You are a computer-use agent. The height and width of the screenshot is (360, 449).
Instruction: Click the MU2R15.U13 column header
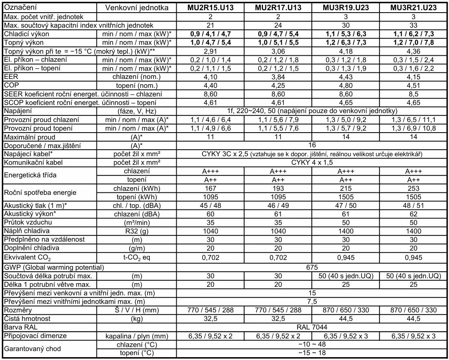click(x=210, y=8)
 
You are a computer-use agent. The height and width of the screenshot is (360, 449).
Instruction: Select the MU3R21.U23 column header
click(x=413, y=8)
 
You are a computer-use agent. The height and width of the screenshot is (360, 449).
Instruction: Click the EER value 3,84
click(x=278, y=77)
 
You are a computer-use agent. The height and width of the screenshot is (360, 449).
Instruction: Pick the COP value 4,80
click(x=346, y=85)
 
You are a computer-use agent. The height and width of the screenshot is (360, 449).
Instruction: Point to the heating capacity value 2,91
click(x=210, y=51)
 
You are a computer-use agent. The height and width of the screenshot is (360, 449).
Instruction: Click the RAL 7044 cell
click(x=312, y=327)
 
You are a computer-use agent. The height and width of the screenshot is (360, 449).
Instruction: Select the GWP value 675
click(x=312, y=267)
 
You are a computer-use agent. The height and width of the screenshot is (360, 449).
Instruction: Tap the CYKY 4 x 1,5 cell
click(x=312, y=163)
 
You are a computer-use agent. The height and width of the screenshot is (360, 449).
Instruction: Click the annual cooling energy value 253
click(x=413, y=188)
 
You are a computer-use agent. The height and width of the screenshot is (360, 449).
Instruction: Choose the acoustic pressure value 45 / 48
click(x=210, y=205)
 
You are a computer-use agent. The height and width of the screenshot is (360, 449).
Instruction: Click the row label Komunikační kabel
click(x=33, y=163)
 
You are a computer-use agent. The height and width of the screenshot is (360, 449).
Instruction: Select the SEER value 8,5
click(x=413, y=94)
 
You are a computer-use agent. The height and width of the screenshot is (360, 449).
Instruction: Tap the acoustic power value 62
click(x=413, y=214)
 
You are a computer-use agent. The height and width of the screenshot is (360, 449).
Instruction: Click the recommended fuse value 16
click(x=312, y=145)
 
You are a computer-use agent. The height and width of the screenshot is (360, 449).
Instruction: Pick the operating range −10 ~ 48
click(x=312, y=345)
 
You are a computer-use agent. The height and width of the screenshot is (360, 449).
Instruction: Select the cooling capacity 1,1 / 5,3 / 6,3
click(x=346, y=34)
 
